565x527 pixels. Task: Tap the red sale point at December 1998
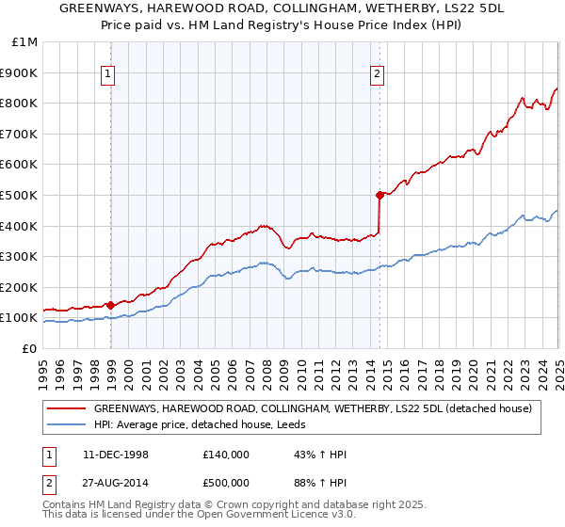point(111,305)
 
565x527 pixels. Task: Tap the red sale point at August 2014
point(380,195)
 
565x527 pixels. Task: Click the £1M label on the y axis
point(24,42)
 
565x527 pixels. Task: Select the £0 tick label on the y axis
point(30,348)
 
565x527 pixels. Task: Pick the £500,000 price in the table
point(226,482)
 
